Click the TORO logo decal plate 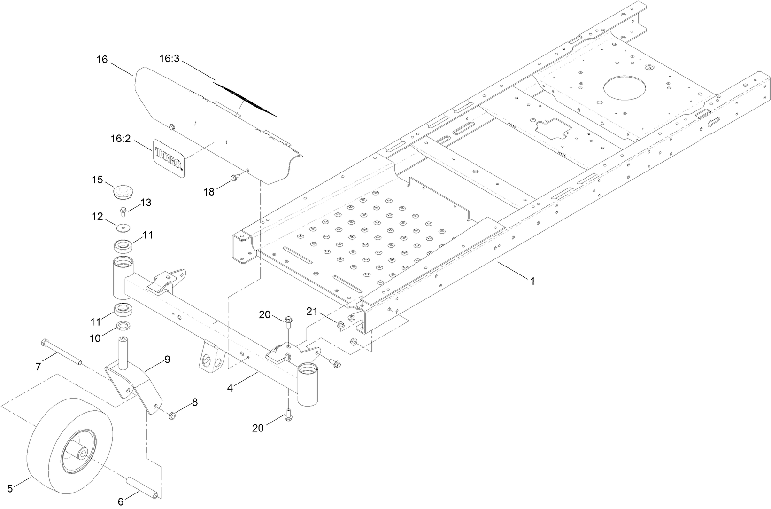point(169,158)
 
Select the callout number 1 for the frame point(532,281)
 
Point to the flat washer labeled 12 point(124,228)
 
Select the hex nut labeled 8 point(172,415)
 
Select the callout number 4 point(230,388)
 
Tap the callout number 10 point(95,337)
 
